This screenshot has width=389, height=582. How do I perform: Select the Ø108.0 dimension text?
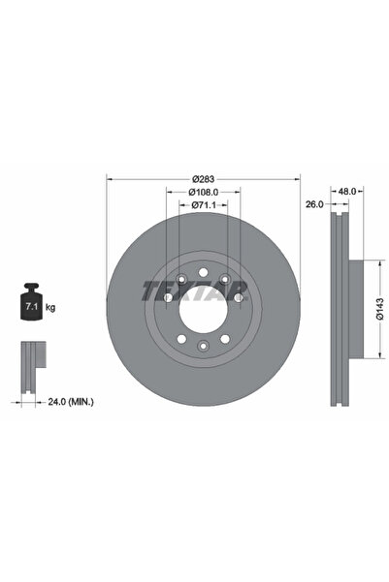click(203, 192)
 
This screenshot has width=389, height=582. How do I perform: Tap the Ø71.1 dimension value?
click(203, 205)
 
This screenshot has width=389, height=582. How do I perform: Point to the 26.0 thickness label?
click(313, 204)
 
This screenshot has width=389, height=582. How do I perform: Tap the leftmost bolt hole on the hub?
click(167, 299)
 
